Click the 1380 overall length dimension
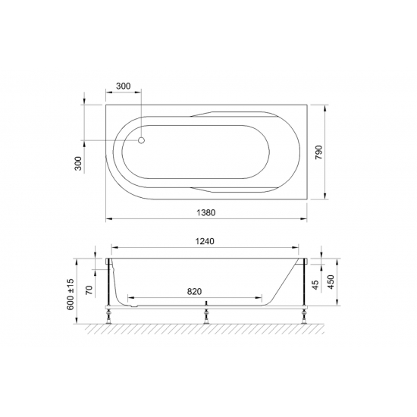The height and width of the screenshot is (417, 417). [x=206, y=213]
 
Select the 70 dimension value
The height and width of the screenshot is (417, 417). [x=89, y=289]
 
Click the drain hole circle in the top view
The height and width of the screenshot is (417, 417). [x=142, y=140]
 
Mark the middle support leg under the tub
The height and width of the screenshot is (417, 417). [x=207, y=312]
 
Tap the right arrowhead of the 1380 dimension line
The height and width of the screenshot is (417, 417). [x=306, y=219]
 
